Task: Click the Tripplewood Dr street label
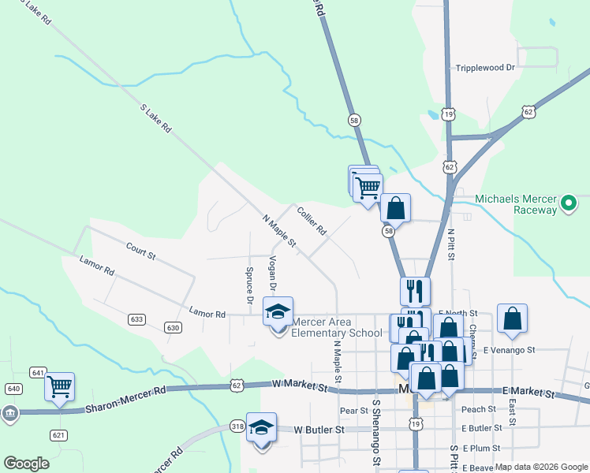coord(485,68)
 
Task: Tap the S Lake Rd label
coord(156,117)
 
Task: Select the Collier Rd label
coord(312,221)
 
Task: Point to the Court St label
coord(141,251)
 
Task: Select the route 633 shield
coord(137,319)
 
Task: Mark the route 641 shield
coord(38,372)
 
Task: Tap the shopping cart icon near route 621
coord(59,387)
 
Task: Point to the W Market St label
coord(299,385)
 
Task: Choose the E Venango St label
coord(510,349)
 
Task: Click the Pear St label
coord(353,411)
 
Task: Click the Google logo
coord(27,464)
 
